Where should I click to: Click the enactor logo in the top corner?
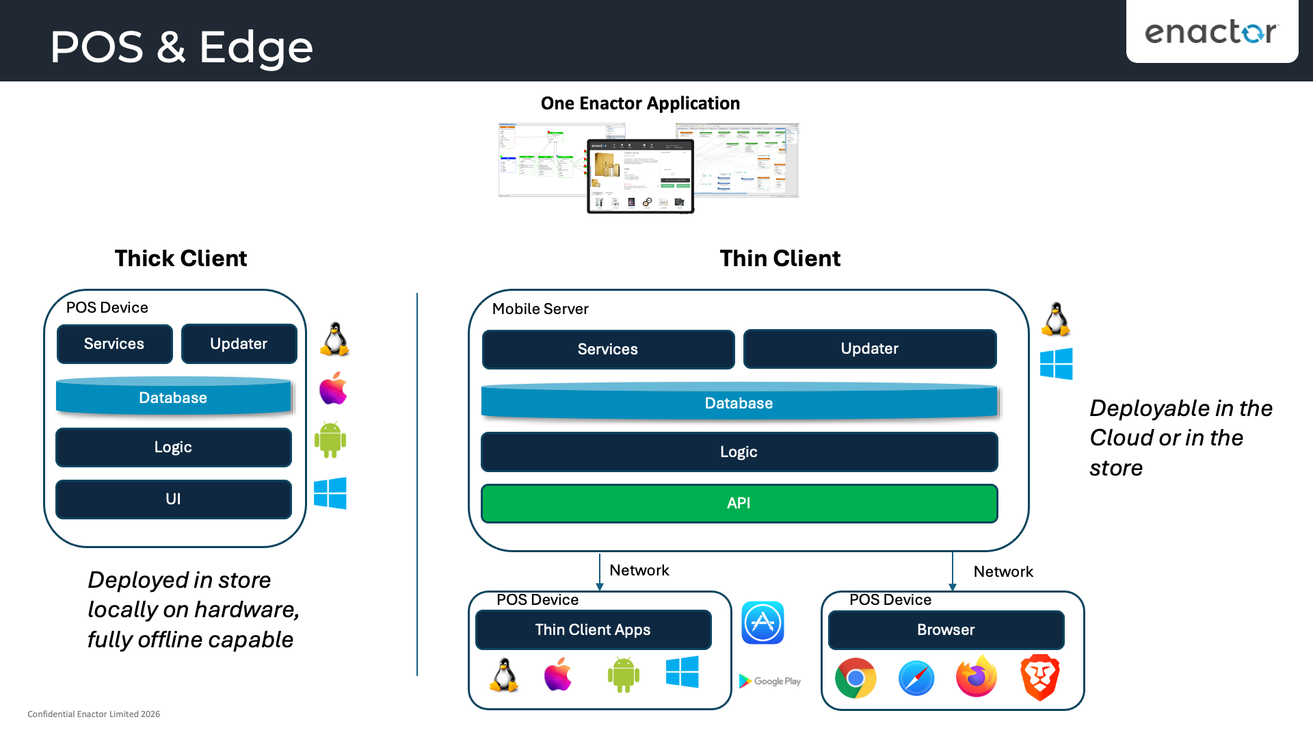[1210, 31]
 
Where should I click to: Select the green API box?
[739, 504]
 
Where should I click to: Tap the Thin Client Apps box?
[593, 630]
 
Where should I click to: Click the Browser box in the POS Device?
[946, 630]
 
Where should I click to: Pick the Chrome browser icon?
[856, 678]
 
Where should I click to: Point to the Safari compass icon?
[916, 678]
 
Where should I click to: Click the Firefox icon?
[976, 677]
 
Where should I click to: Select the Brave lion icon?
[1039, 677]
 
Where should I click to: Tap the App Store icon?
[762, 623]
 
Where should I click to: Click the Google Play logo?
[770, 682]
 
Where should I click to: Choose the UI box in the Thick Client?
[173, 500]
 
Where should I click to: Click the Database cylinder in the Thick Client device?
[173, 398]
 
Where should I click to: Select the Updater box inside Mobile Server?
[869, 349]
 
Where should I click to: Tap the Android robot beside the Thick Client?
[330, 440]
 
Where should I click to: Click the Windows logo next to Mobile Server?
[1056, 364]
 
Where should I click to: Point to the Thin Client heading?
[780, 259]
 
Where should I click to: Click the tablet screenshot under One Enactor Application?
[640, 176]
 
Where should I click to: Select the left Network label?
[639, 571]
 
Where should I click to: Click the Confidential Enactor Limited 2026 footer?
[94, 714]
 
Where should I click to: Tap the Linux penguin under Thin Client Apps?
[504, 675]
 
